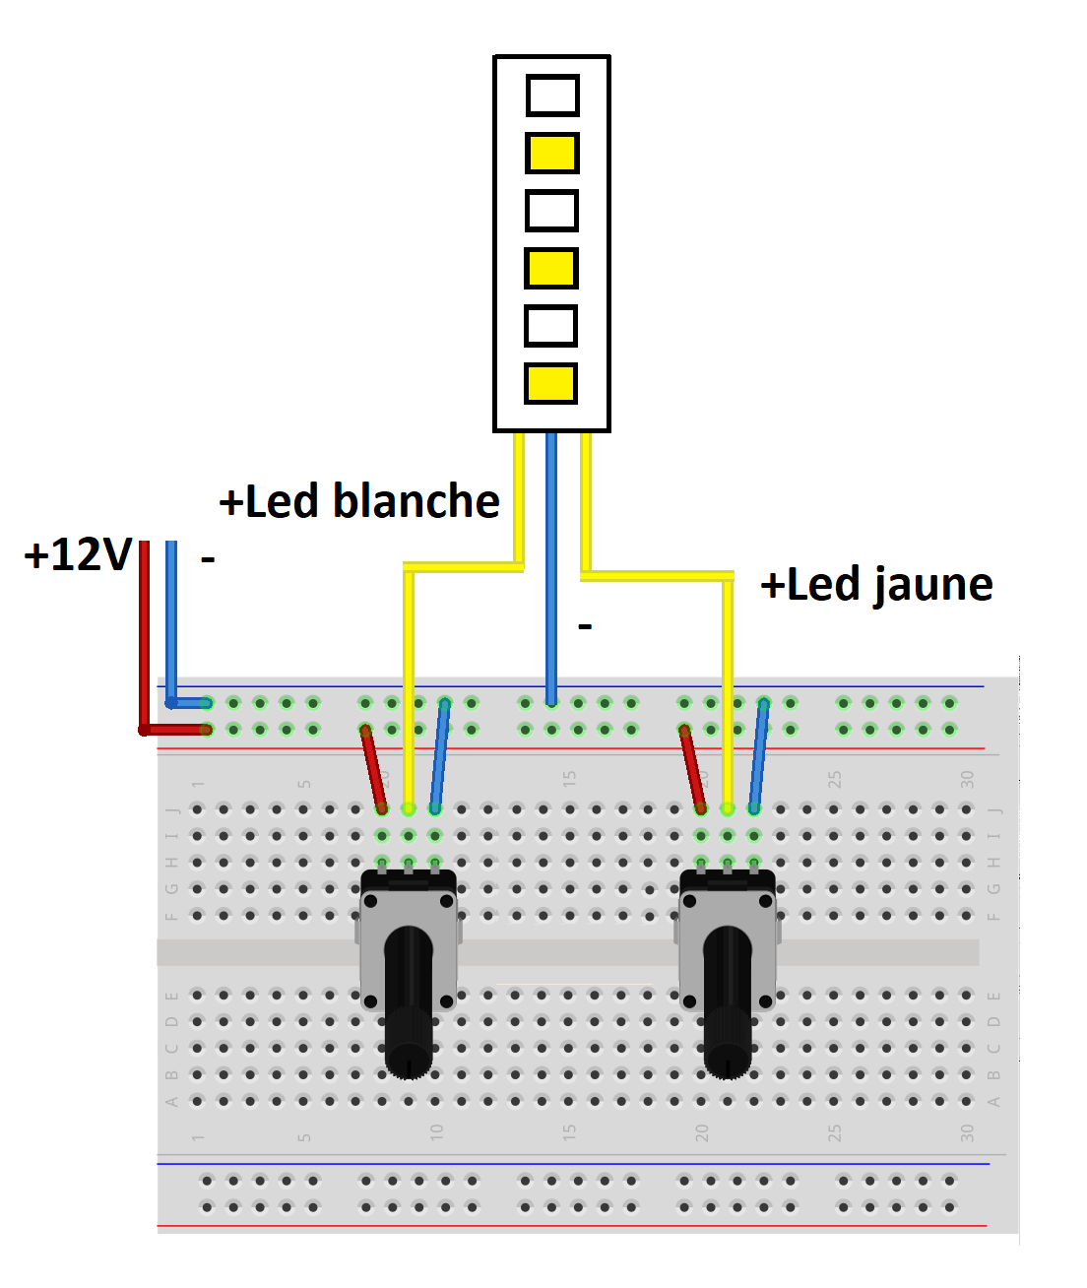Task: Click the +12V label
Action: [x=78, y=555]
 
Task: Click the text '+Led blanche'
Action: [x=359, y=501]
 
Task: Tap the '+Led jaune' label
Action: [x=876, y=585]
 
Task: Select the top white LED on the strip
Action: [x=552, y=96]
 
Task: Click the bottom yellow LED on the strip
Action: [x=551, y=383]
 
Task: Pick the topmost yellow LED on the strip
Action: [x=552, y=153]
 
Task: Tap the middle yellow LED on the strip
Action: [x=551, y=268]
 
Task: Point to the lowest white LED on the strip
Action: [x=551, y=326]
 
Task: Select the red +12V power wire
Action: [x=144, y=640]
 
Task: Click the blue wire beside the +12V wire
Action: [x=171, y=620]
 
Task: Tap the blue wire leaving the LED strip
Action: [x=551, y=561]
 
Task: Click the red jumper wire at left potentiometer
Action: [x=373, y=769]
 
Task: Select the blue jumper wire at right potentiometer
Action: [x=758, y=756]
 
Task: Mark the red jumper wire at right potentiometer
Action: [x=692, y=769]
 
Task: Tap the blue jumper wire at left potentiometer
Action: [x=439, y=756]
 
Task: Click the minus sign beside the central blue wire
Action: [x=585, y=626]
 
